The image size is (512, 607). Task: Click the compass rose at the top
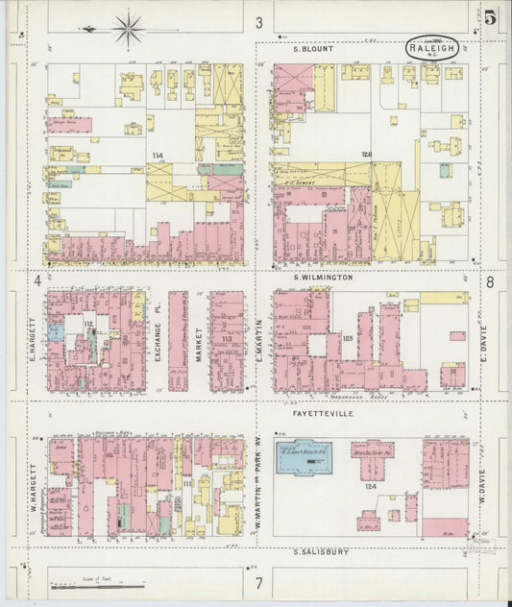click(126, 28)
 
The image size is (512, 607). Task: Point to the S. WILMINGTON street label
click(323, 277)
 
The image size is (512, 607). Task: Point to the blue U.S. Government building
click(305, 457)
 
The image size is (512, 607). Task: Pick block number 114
click(157, 155)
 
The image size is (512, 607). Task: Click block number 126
click(366, 155)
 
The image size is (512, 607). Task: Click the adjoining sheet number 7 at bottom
click(257, 583)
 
